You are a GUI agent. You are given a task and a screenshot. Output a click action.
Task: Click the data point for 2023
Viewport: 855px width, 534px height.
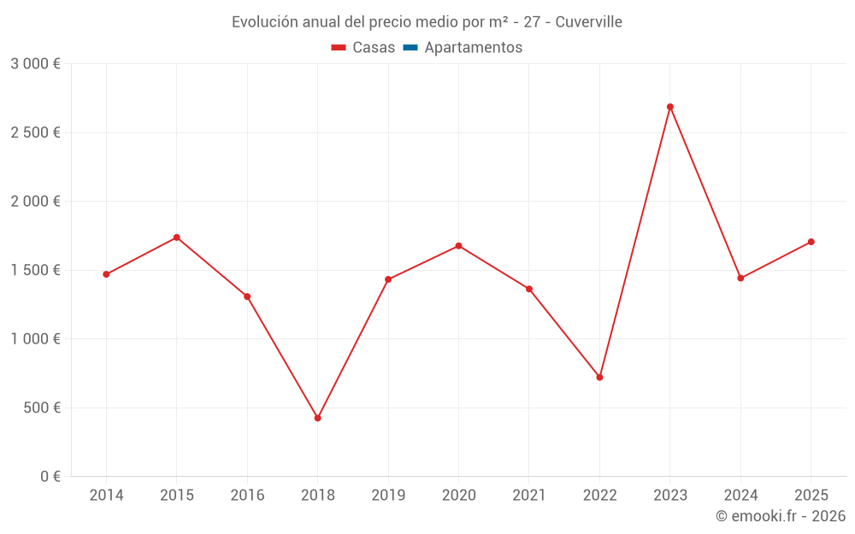(x=670, y=107)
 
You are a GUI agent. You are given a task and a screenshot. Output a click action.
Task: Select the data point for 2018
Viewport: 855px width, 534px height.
(x=318, y=418)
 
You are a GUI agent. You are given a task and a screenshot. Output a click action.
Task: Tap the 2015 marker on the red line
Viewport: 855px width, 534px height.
(x=177, y=238)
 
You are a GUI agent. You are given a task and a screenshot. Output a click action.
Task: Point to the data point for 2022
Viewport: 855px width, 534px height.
(x=599, y=377)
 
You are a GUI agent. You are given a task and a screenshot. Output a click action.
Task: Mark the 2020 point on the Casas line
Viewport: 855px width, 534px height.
(x=459, y=246)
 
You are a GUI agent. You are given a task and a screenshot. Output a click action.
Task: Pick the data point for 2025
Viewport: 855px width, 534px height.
(x=811, y=242)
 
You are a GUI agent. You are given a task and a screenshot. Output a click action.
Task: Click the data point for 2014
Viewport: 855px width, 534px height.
(x=106, y=274)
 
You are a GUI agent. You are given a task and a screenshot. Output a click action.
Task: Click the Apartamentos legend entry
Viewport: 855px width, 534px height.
(x=473, y=48)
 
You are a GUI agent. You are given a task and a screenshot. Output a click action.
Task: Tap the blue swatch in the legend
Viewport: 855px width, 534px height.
(x=410, y=48)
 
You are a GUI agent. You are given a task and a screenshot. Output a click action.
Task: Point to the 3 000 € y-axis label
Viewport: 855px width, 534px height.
(x=35, y=64)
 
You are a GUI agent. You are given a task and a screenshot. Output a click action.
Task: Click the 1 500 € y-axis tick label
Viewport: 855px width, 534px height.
(x=35, y=270)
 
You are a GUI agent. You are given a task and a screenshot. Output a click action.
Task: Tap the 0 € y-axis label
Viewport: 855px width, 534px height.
(x=50, y=477)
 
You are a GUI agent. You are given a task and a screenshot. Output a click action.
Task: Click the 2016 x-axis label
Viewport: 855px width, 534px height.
(x=247, y=496)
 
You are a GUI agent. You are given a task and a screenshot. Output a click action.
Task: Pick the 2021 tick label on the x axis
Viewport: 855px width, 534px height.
(x=529, y=496)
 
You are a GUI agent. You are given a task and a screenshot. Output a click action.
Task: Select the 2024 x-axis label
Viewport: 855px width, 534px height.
(x=740, y=496)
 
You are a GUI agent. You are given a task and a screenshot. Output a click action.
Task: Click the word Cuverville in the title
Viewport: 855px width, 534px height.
(x=588, y=22)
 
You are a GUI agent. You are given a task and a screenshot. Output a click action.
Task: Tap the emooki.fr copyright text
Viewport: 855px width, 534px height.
(x=781, y=516)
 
